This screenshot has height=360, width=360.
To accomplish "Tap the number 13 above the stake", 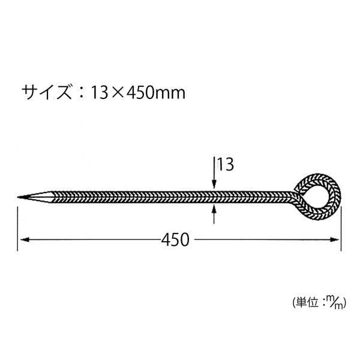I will click(x=225, y=164).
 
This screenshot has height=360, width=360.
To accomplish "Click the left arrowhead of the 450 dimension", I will click(x=23, y=240).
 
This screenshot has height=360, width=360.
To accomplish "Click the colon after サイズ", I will click(x=78, y=93).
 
